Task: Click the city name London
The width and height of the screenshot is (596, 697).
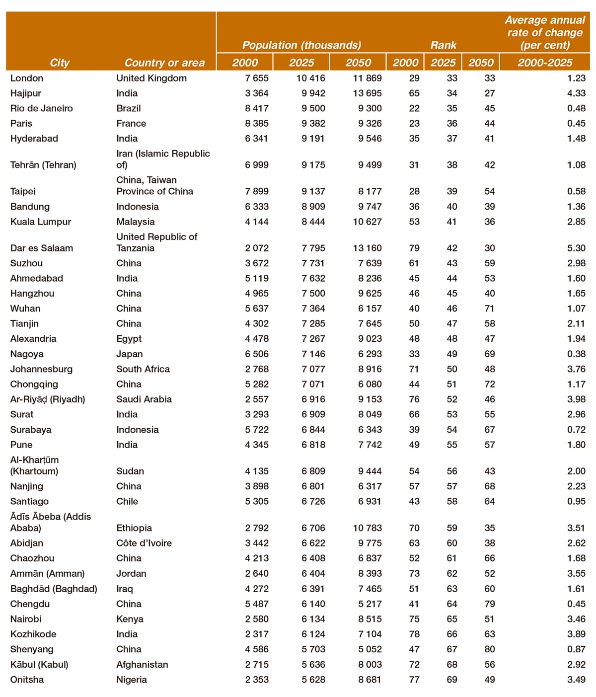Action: click(x=27, y=78)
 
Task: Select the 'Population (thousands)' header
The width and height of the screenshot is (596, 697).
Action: click(x=301, y=45)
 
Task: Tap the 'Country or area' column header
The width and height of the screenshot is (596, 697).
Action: click(x=164, y=63)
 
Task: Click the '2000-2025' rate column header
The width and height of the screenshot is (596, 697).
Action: click(x=545, y=63)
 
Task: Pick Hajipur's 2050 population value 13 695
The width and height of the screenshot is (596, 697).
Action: click(x=367, y=93)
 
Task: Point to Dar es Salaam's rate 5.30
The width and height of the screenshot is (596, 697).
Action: click(x=576, y=248)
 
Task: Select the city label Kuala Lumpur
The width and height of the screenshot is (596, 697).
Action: click(x=41, y=222)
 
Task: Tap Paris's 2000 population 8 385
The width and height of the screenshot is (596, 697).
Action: click(x=257, y=123)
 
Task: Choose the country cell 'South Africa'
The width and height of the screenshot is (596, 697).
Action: click(x=143, y=369)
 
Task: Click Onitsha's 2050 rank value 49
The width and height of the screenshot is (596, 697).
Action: click(x=489, y=680)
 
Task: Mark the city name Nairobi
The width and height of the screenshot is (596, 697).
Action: click(x=26, y=619)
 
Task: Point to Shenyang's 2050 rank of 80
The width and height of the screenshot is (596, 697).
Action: click(x=489, y=649)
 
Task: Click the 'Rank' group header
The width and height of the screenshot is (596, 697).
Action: click(x=443, y=45)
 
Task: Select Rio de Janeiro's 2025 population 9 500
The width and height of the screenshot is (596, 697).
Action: click(x=313, y=108)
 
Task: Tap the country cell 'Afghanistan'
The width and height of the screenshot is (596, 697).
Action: click(x=142, y=665)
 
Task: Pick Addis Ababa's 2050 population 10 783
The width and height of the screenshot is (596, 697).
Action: click(x=367, y=528)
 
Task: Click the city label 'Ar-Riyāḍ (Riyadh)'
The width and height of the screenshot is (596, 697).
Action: click(x=48, y=399)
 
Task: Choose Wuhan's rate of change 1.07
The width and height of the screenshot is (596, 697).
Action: click(x=576, y=309)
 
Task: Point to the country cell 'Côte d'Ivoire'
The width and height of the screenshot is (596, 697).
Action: click(x=144, y=543)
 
